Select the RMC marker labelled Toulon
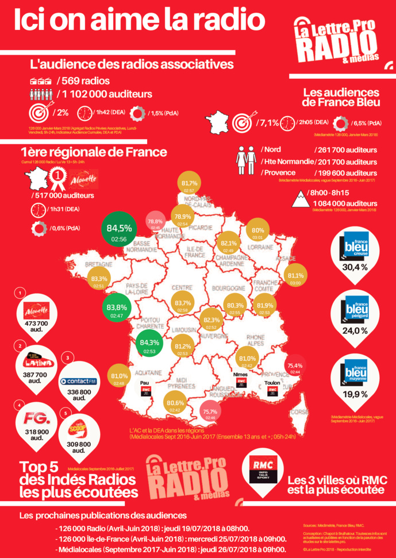272,391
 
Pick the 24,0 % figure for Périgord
355,331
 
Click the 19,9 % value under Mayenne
355,394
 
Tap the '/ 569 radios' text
83,80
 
